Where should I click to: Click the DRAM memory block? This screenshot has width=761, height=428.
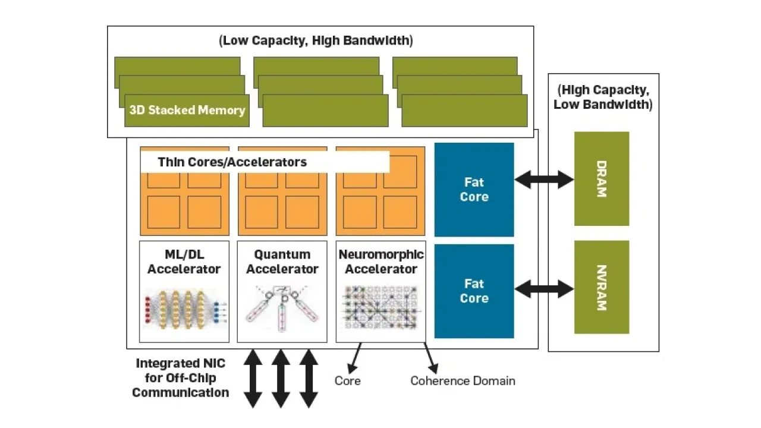(x=601, y=179)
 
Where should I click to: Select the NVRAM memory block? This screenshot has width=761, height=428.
(x=601, y=287)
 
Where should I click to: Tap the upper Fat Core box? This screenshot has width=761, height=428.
(x=474, y=190)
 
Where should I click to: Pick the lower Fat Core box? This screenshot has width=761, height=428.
(x=474, y=291)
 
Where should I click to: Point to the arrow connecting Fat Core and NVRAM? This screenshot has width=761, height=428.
(x=544, y=289)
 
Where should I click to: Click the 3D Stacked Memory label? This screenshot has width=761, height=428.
(x=187, y=110)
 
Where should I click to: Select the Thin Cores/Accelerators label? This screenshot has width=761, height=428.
(x=232, y=162)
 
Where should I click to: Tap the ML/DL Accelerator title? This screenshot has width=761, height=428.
(x=184, y=262)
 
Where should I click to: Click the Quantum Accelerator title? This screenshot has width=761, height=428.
(x=282, y=262)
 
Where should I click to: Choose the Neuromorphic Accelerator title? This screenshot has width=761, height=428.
(x=381, y=262)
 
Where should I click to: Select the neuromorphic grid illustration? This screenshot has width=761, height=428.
(x=381, y=308)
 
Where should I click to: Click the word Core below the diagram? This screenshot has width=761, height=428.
(x=347, y=380)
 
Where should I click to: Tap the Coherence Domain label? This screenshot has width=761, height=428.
(x=463, y=380)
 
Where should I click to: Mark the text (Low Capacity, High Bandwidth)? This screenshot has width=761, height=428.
(x=316, y=41)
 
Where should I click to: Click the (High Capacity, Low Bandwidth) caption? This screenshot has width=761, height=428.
(x=603, y=97)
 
